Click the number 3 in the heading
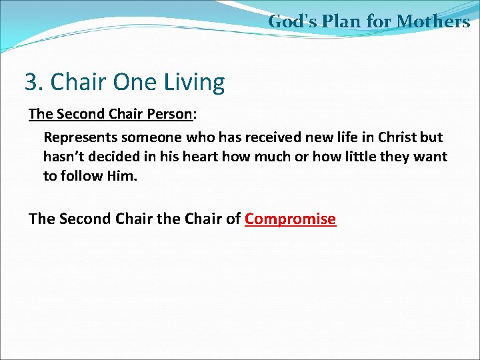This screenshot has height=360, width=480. [31, 83]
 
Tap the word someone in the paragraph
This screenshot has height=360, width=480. [144, 137]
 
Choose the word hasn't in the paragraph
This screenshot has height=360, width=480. [65, 157]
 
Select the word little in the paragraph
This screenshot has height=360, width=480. [359, 157]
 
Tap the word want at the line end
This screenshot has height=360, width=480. [431, 157]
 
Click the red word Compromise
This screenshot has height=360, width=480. [290, 219]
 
